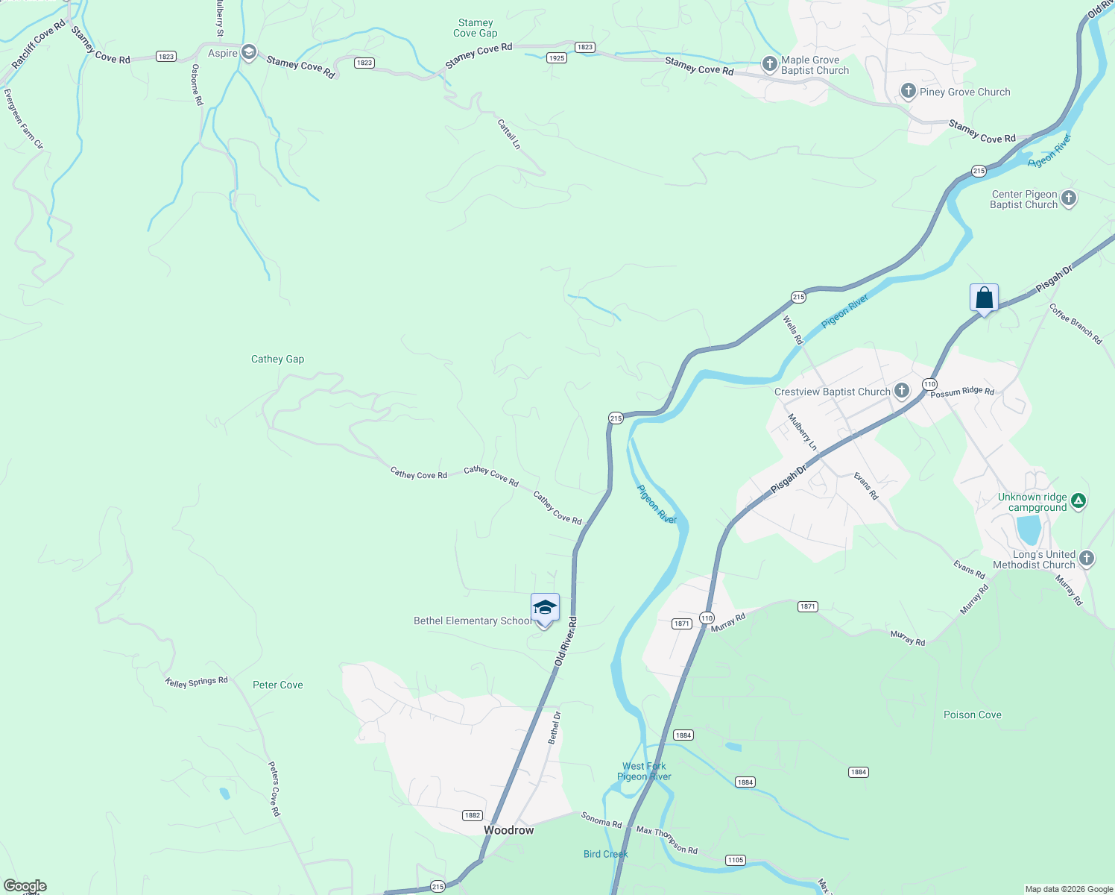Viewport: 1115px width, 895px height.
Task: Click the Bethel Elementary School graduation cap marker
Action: coord(545,608)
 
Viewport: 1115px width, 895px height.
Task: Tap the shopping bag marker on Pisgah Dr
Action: coord(984,298)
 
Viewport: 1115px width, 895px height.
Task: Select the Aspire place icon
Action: coord(249,52)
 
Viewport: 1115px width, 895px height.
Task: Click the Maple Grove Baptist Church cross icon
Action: coord(770,64)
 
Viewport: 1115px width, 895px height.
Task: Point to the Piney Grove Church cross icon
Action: coord(908,91)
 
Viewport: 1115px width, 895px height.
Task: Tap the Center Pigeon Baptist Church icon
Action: coord(1069,198)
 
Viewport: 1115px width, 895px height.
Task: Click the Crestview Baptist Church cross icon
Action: coord(902,390)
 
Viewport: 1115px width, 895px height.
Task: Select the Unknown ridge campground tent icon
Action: coord(1078,501)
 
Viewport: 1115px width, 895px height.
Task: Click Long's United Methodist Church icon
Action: coord(1087,558)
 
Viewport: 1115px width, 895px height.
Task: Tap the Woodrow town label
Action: coord(509,830)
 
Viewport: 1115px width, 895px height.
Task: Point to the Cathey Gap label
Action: coord(277,359)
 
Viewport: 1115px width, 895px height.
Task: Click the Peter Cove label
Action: coord(277,685)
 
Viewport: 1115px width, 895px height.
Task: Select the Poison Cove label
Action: coord(972,715)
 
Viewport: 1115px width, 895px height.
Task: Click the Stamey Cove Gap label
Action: coord(476,28)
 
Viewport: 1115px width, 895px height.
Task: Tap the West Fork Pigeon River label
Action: coord(644,771)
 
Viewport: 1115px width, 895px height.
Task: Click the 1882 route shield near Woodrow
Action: coord(472,815)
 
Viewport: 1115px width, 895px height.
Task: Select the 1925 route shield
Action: coord(556,57)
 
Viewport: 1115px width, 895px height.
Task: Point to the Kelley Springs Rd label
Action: coord(196,682)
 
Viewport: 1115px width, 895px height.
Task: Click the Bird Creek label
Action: coord(605,854)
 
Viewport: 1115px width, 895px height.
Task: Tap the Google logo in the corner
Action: coord(25,886)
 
